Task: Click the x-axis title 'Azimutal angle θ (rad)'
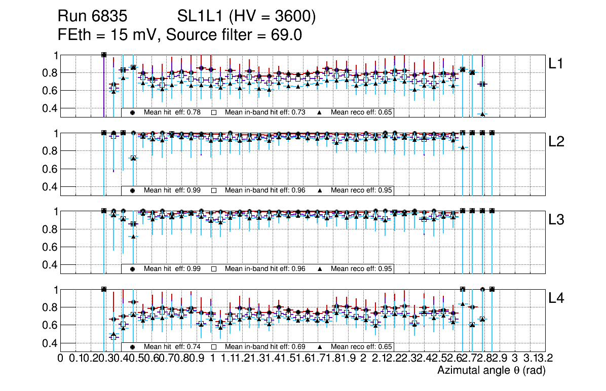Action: pos(491,371)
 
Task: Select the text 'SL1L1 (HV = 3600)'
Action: pos(247,17)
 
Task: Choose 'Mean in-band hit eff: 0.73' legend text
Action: pos(264,112)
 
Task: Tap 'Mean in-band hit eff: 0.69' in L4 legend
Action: pos(264,347)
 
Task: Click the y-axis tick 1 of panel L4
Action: pos(55,290)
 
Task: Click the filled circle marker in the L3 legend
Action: pos(132,269)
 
